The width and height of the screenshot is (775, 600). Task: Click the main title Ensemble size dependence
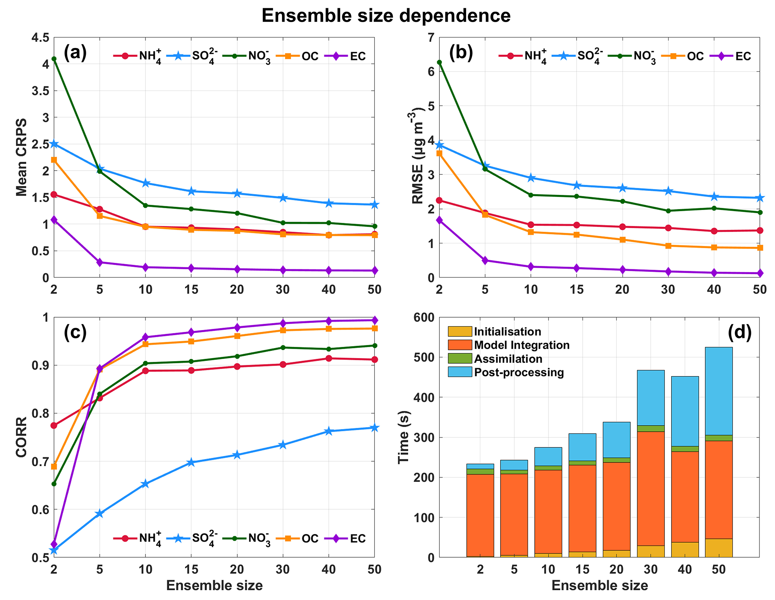click(x=386, y=16)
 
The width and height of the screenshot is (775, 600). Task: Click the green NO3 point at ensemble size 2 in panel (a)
click(x=54, y=59)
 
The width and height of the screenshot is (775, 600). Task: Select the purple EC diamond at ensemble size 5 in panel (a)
click(x=100, y=262)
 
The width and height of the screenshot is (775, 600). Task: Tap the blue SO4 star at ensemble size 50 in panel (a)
click(x=374, y=205)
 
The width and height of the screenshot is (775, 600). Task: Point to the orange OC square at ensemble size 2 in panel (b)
click(x=439, y=153)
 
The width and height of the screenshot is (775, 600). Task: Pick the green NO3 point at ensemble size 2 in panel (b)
click(x=439, y=62)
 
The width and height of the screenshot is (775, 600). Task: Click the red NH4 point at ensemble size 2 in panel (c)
click(x=54, y=425)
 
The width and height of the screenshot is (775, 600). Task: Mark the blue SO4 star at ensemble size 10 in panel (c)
click(x=145, y=484)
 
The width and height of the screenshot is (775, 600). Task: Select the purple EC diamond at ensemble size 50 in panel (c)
click(x=374, y=320)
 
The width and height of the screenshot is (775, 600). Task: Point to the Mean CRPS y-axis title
click(x=22, y=157)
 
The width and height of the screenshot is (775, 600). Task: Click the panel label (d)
click(x=739, y=333)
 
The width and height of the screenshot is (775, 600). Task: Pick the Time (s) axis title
click(x=404, y=437)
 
